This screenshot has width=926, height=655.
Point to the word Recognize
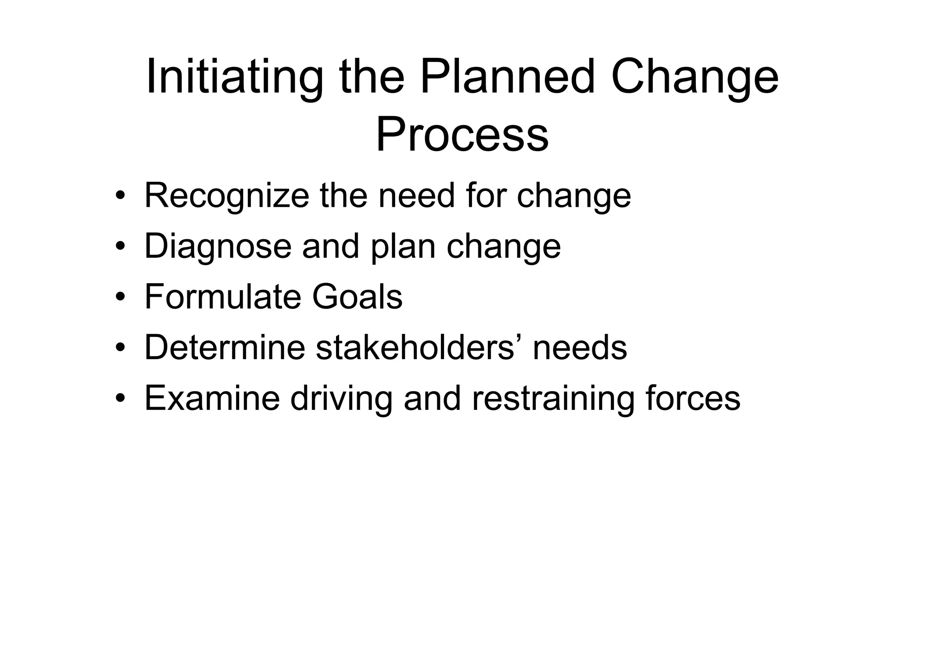[227, 196]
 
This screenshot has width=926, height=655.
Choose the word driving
[341, 399]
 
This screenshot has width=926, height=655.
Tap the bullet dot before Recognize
[120, 197]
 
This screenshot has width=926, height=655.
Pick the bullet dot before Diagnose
[120, 247]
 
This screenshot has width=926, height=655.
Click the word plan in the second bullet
[403, 247]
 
